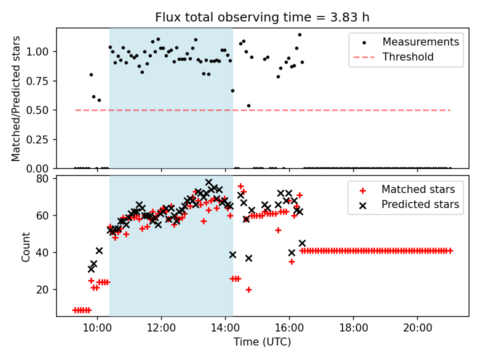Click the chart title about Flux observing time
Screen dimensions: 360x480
tap(262, 17)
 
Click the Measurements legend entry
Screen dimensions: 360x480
tap(420, 42)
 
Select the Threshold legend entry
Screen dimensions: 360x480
tap(408, 57)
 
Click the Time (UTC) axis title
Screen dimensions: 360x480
tap(262, 342)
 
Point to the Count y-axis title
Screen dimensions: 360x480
tap(25, 246)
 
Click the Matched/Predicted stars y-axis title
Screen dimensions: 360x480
tap(16, 98)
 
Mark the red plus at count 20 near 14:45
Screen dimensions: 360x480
tap(248, 289)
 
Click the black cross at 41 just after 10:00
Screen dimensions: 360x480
tap(99, 250)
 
